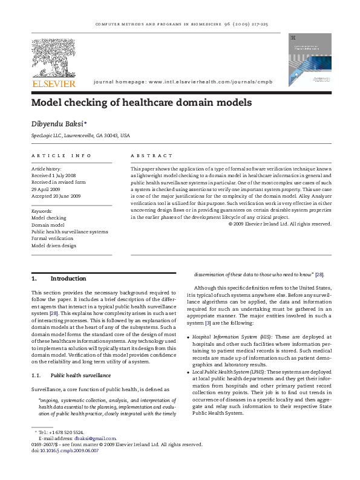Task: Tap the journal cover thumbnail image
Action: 310,59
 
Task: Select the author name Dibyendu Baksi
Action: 57,123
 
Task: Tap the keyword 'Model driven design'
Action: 54,246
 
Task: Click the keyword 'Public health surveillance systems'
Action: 70,232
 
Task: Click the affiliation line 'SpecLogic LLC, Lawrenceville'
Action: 80,136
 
